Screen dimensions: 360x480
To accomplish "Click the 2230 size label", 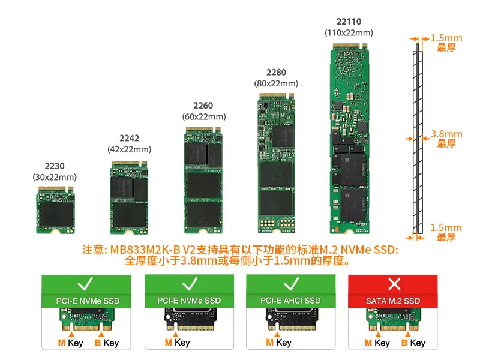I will pyautogui.click(x=54, y=166).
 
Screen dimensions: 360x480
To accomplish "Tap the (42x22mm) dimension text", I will pyautogui.click(x=129, y=149).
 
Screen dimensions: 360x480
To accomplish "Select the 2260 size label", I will pyautogui.click(x=204, y=106).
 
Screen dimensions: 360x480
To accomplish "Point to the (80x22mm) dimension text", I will pyautogui.click(x=276, y=83).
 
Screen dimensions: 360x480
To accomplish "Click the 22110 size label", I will pyautogui.click(x=349, y=22).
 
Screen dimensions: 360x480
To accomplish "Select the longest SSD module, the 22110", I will pyautogui.click(x=349, y=138).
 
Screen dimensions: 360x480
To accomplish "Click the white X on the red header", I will pyautogui.click(x=394, y=283).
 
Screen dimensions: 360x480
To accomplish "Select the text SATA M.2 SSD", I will pyautogui.click(x=393, y=301).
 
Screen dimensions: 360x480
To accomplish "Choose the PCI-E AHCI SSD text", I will pyautogui.click(x=291, y=301).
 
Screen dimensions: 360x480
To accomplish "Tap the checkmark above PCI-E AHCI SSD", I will pyautogui.click(x=292, y=283).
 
